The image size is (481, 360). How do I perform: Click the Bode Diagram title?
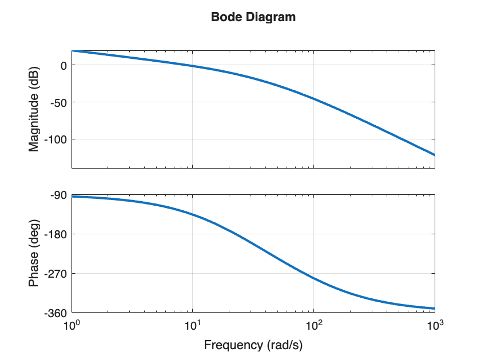point(253,17)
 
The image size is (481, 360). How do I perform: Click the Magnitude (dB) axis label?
point(34,109)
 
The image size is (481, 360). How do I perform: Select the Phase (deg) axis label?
point(34,254)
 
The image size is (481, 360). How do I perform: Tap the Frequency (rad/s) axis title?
point(253,345)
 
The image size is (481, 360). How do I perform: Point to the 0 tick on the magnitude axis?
point(63,65)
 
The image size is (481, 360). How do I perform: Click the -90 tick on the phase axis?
point(59,195)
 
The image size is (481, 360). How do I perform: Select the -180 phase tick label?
point(57,234)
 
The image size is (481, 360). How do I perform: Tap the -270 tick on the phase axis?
point(57,274)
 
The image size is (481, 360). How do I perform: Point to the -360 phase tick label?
point(57,313)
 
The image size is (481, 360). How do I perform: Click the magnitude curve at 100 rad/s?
point(313,99)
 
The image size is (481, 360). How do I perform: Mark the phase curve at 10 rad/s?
point(193,215)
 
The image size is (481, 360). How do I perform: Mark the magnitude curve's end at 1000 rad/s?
point(434,155)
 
